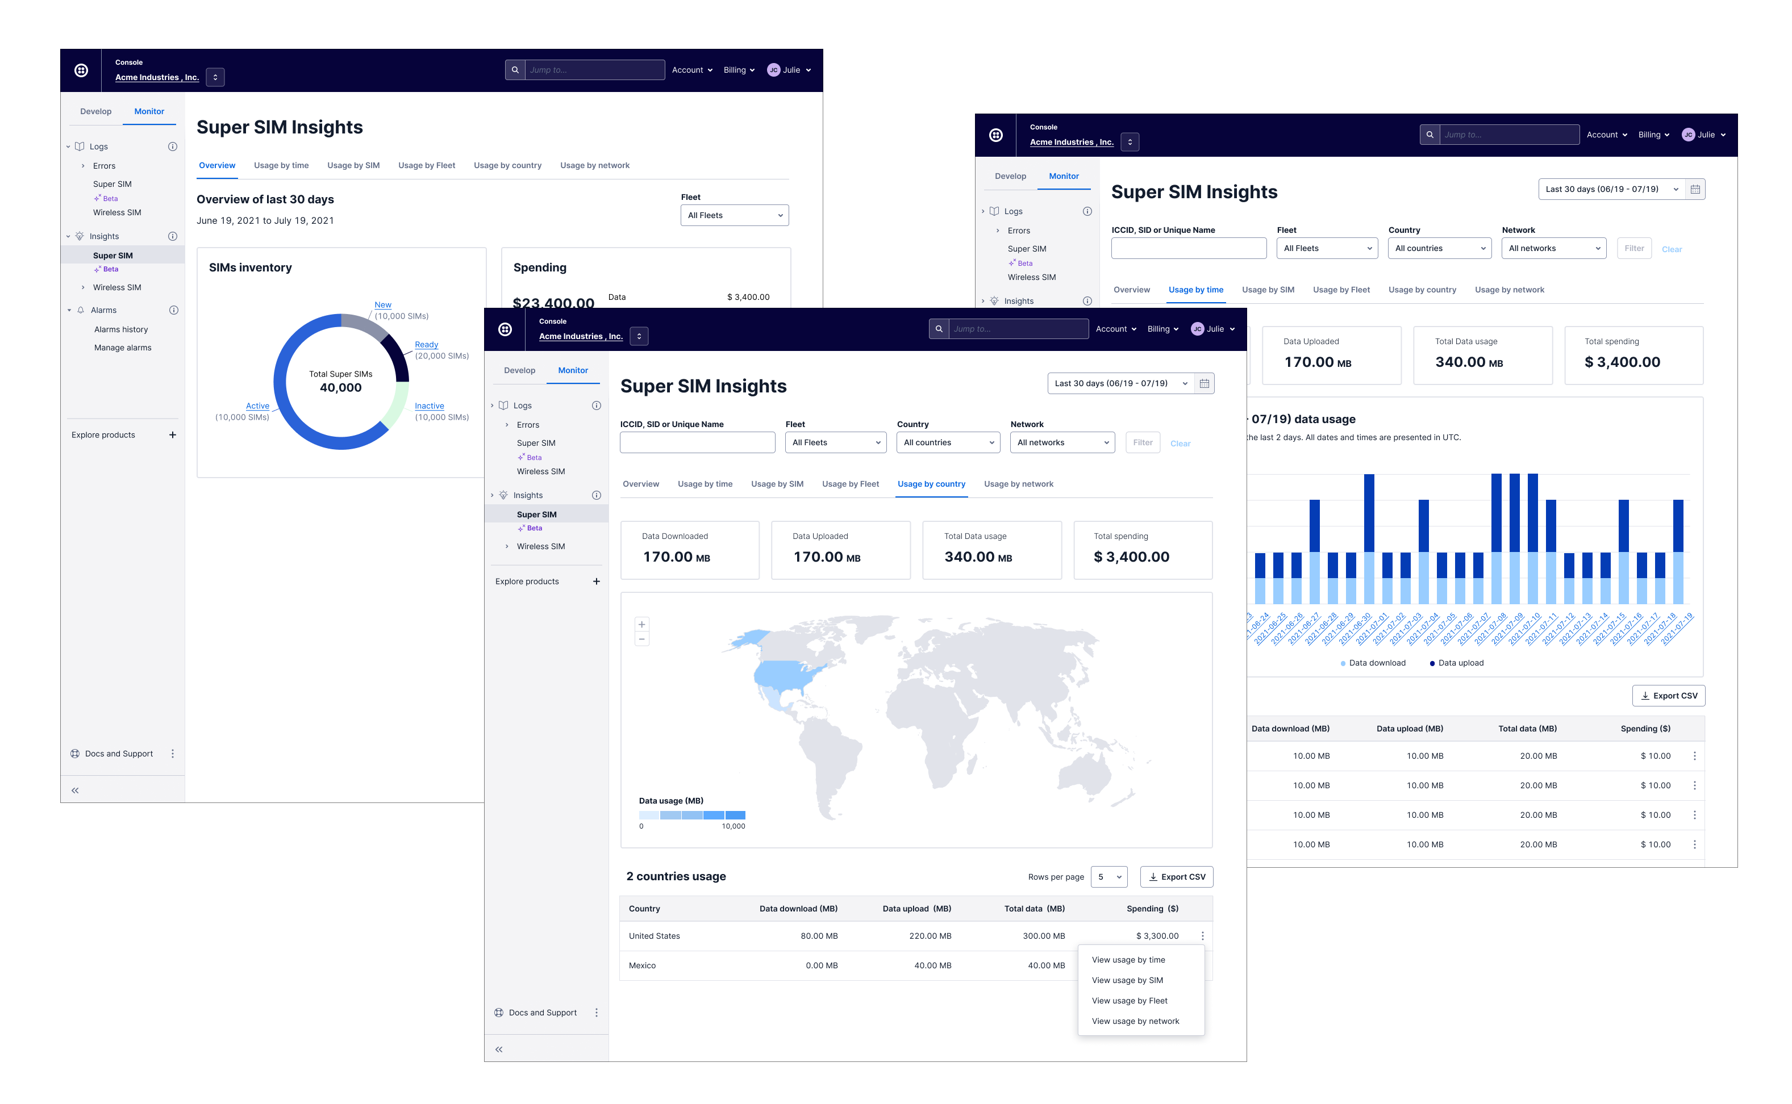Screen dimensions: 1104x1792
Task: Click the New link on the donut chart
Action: coord(383,304)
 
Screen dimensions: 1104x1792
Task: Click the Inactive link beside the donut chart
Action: coord(429,406)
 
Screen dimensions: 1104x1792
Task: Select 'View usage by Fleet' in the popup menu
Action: coord(1129,1000)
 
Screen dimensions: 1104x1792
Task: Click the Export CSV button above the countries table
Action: coord(1176,877)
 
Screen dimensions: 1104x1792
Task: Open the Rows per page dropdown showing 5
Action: coord(1108,877)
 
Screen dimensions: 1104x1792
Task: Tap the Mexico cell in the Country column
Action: coord(642,965)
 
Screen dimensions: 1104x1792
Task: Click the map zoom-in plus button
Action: coord(641,624)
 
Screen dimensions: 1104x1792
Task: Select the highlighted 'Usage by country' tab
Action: coord(931,484)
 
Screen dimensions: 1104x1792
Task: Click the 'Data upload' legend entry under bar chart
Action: coord(1460,663)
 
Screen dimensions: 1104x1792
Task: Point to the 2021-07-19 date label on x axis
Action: coord(1676,629)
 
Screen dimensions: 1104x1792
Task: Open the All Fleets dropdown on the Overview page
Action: coord(734,215)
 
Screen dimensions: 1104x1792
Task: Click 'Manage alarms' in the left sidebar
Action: coord(123,348)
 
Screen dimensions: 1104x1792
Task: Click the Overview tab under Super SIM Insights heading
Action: coord(217,166)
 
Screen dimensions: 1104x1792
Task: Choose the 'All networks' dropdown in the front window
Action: coord(1061,442)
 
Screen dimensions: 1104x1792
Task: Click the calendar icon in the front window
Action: coord(1204,383)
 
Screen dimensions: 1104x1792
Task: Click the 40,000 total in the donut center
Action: coord(340,388)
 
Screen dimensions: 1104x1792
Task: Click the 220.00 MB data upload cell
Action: coord(930,936)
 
